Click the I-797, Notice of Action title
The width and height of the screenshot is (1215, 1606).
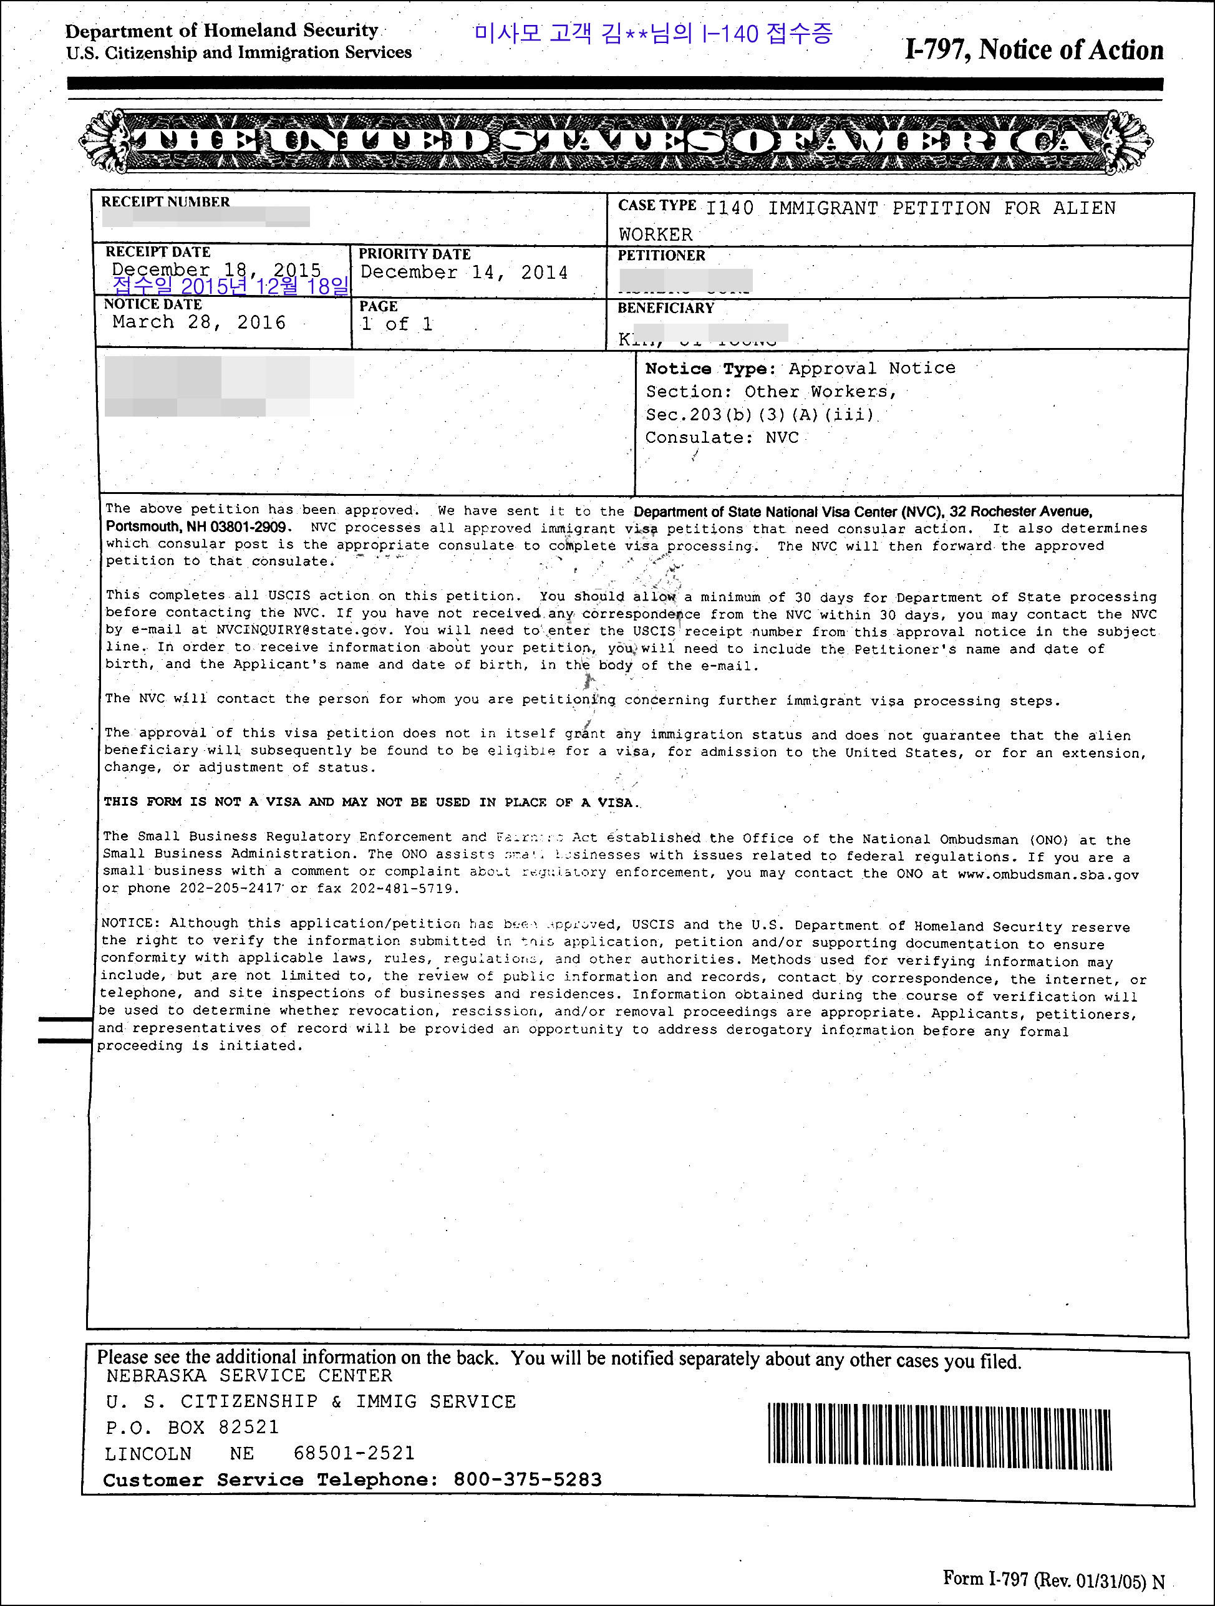(x=1033, y=50)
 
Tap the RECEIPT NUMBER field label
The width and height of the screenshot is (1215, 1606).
(x=165, y=202)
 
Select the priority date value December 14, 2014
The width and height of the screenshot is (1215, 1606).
(x=463, y=273)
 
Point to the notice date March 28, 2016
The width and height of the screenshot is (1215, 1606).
(x=199, y=322)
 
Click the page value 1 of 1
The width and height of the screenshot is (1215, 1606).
(x=397, y=324)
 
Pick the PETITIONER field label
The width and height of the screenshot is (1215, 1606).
(x=661, y=256)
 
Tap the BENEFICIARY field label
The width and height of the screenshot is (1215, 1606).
(x=666, y=308)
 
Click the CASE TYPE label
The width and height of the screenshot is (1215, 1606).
(x=657, y=205)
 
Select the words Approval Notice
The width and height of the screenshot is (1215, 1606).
(x=871, y=368)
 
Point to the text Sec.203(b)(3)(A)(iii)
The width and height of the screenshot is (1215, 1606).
(x=760, y=415)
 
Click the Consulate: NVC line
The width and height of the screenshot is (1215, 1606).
(x=722, y=438)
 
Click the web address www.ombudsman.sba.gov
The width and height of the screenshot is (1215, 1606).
(x=1047, y=875)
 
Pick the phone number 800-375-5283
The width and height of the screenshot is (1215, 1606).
(x=527, y=1479)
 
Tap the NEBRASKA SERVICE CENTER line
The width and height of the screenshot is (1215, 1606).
(x=249, y=1376)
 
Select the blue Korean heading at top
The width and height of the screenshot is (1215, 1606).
(x=652, y=34)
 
